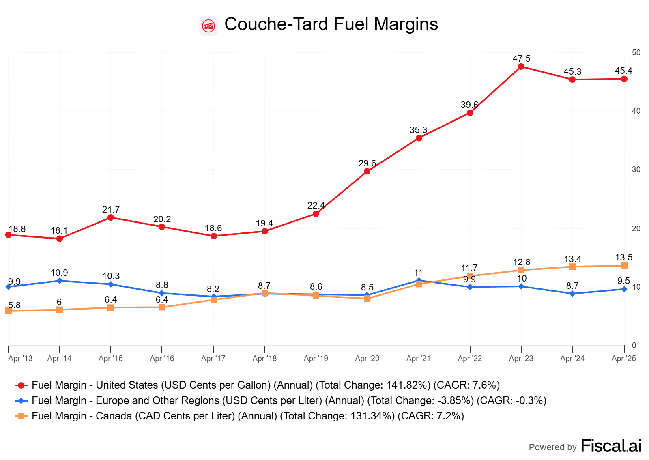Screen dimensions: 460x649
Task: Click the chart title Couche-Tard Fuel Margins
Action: click(x=331, y=24)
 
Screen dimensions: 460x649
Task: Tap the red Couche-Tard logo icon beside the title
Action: click(x=208, y=26)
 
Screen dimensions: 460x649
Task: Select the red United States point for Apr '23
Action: click(x=521, y=67)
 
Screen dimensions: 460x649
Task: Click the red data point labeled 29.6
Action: click(x=367, y=171)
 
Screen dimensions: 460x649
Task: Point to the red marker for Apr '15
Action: click(x=111, y=217)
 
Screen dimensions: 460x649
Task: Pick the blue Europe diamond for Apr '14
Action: click(x=60, y=281)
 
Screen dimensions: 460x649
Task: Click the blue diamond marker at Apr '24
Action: click(x=572, y=294)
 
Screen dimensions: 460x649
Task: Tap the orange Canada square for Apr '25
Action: click(x=624, y=266)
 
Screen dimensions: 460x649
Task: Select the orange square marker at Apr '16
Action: click(x=162, y=307)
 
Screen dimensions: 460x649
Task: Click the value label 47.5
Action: click(x=521, y=59)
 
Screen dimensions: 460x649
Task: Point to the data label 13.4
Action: click(x=572, y=259)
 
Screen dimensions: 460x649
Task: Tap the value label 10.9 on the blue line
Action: click(x=59, y=273)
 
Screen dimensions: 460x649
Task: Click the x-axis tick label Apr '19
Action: click(x=316, y=359)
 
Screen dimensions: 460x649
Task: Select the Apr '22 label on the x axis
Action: click(x=470, y=359)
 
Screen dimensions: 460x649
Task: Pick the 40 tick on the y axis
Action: click(x=636, y=111)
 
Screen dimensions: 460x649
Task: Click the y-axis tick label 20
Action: click(x=636, y=229)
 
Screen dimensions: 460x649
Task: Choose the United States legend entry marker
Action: click(x=21, y=385)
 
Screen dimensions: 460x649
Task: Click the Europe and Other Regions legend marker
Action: click(x=21, y=401)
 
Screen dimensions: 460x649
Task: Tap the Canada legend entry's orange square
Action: click(x=21, y=416)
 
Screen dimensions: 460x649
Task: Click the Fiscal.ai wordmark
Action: click(x=611, y=446)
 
